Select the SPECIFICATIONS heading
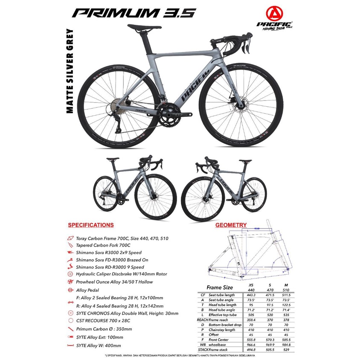tap(91, 225)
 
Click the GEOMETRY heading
tap(231, 225)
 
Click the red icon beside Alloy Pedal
tap(70, 290)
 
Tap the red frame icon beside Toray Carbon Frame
tap(70, 238)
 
